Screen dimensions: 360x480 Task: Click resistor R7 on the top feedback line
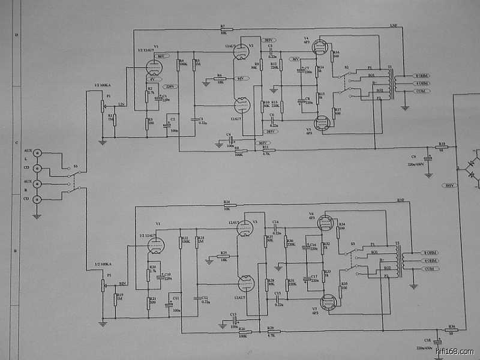(226, 29)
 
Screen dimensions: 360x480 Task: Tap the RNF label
(401, 200)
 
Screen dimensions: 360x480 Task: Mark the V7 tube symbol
(328, 301)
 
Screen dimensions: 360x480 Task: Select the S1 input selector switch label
(75, 166)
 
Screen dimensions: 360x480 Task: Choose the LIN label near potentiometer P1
(121, 104)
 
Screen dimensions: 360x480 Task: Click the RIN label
(122, 283)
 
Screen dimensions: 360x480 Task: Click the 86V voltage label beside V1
(160, 56)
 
